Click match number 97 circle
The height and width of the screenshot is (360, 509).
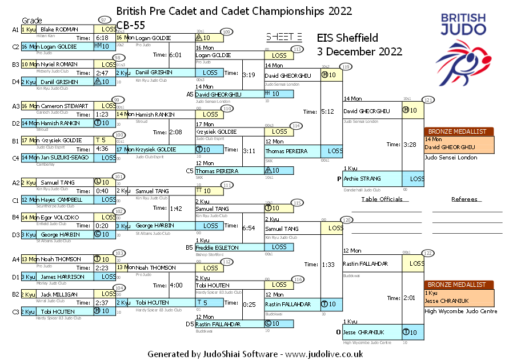click(x=103, y=19)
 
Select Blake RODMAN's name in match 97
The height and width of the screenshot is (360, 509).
click(x=59, y=29)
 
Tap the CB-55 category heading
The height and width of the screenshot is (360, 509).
click(x=130, y=24)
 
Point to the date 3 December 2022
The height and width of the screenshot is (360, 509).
click(x=360, y=51)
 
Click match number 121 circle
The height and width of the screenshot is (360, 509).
click(x=428, y=100)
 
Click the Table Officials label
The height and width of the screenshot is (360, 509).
click(x=382, y=199)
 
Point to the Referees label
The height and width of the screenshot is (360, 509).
click(x=464, y=199)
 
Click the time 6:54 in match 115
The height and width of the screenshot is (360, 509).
click(x=249, y=228)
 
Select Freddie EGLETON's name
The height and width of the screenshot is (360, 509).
click(x=218, y=247)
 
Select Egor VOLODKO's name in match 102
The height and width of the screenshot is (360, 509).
click(x=59, y=217)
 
